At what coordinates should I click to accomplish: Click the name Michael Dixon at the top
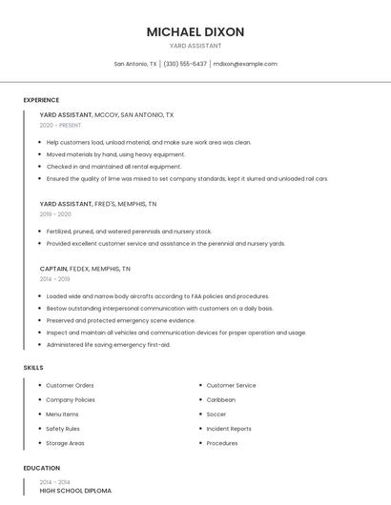[x=195, y=31]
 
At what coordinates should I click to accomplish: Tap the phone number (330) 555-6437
[x=185, y=64]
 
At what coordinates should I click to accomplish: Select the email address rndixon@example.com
[x=245, y=64]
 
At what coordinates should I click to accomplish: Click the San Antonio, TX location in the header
[x=135, y=64]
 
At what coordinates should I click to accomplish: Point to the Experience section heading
[x=41, y=100]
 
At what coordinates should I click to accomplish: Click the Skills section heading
[x=33, y=367]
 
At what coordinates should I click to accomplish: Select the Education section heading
[x=42, y=468]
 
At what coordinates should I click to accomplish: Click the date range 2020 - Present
[x=61, y=125]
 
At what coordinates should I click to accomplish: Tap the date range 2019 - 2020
[x=55, y=214]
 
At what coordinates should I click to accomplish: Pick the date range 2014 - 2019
[x=54, y=279]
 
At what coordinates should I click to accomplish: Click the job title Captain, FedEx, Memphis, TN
[x=94, y=269]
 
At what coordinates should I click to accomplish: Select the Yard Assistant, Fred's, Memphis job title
[x=98, y=204]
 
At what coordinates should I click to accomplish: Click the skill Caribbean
[x=221, y=400]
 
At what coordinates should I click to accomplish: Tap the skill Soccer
[x=216, y=414]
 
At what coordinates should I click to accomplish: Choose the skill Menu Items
[x=63, y=414]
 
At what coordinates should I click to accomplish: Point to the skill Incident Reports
[x=229, y=429]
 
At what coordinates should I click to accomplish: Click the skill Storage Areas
[x=66, y=443]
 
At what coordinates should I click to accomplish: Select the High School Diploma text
[x=75, y=491]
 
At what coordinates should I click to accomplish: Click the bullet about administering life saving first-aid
[x=109, y=344]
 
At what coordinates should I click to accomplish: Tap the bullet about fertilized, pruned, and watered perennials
[x=130, y=232]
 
